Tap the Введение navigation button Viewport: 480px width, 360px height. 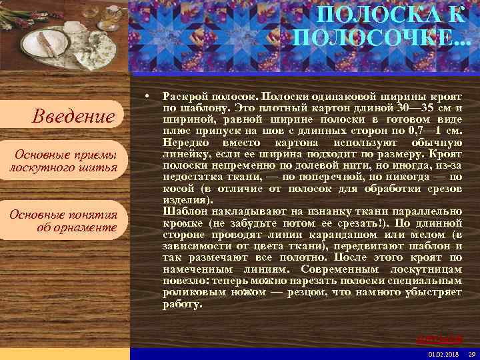click(x=73, y=117)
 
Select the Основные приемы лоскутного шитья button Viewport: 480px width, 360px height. click(x=63, y=161)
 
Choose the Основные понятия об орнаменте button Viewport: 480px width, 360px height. click(x=63, y=221)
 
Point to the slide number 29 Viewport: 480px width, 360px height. click(x=471, y=353)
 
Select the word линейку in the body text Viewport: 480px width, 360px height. click(x=183, y=154)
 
